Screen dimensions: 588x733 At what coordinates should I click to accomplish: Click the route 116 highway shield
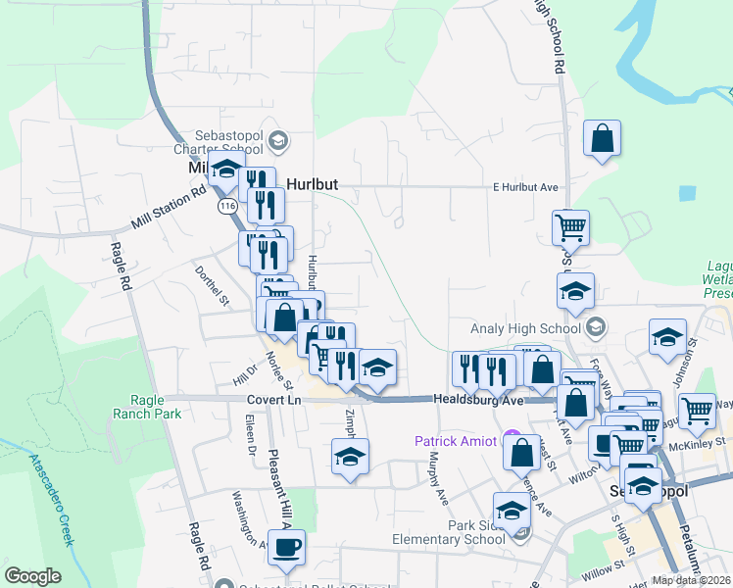228,207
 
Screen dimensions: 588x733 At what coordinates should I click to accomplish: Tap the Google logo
33,576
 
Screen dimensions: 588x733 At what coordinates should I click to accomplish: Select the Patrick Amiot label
456,441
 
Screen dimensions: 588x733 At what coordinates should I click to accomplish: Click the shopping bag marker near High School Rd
602,140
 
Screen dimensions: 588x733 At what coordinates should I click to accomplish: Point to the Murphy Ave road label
435,480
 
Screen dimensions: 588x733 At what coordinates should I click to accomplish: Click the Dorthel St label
212,286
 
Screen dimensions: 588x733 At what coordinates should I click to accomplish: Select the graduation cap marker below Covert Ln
350,458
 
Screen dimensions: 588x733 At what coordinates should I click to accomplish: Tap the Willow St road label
602,567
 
